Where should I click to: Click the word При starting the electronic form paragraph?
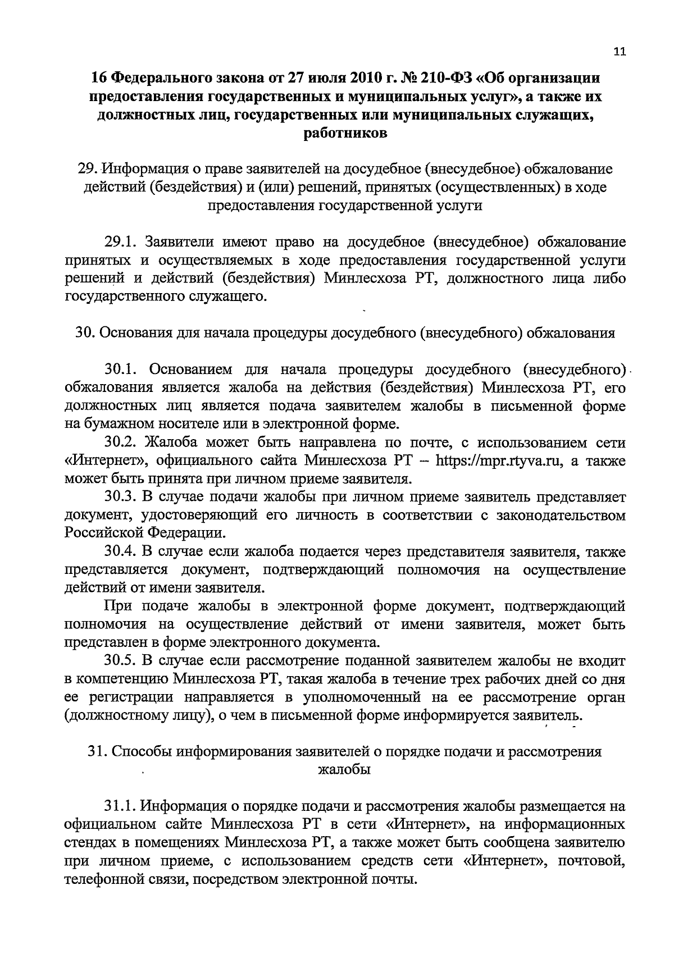117,606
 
